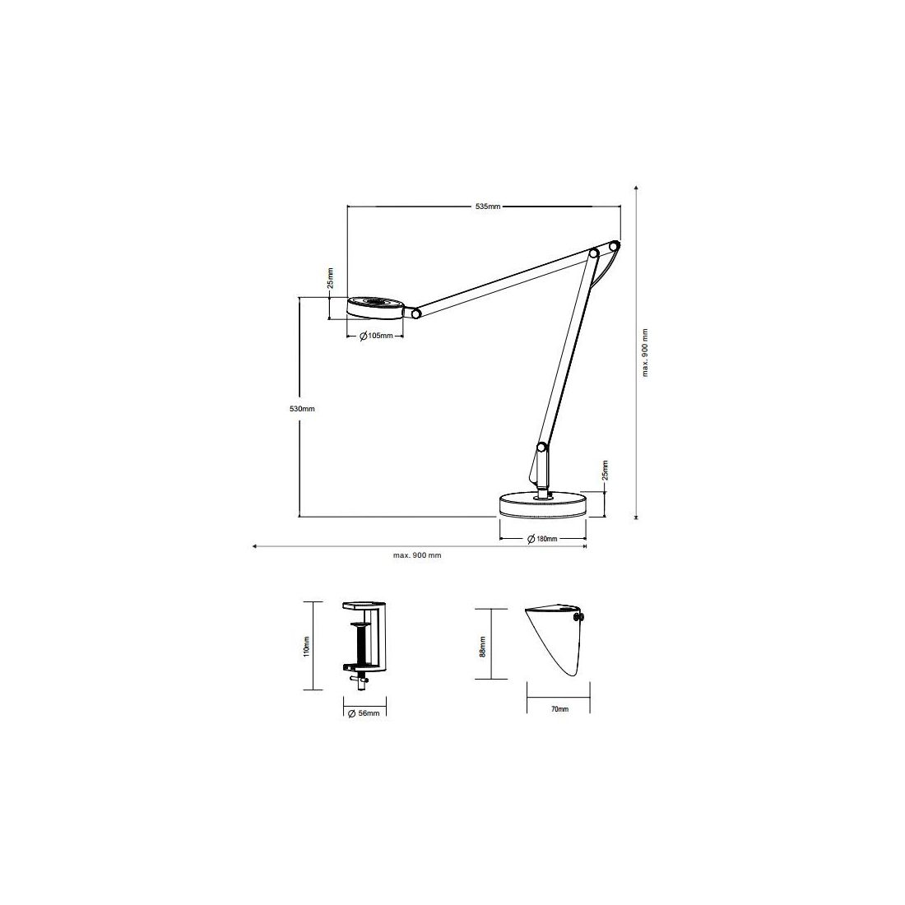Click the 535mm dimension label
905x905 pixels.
(488, 206)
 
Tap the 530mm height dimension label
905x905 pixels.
(302, 409)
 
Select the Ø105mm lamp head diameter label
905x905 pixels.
(376, 336)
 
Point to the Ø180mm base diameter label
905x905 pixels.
(542, 539)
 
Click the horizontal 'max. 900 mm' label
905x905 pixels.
(417, 555)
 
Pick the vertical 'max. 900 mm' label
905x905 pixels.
(645, 353)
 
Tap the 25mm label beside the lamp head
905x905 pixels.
(331, 277)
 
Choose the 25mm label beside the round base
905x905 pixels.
(605, 470)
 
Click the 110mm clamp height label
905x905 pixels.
(307, 646)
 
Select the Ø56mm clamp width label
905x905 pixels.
(364, 712)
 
